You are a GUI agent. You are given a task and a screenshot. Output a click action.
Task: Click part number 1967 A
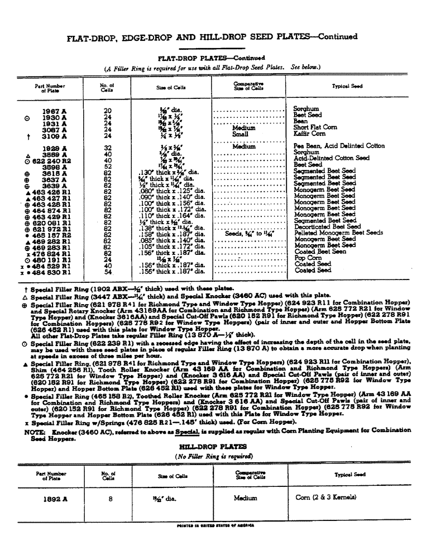(55, 111)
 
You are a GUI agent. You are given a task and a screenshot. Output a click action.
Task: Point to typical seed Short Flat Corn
(315, 127)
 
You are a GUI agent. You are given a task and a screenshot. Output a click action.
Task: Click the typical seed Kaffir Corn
(309, 134)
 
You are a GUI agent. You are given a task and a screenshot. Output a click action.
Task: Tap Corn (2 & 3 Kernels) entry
(325, 498)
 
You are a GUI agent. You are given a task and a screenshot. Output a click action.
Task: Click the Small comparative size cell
(240, 134)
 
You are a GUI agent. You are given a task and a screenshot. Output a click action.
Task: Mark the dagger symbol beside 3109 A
(20, 136)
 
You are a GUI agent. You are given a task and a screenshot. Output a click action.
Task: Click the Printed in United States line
(215, 525)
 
